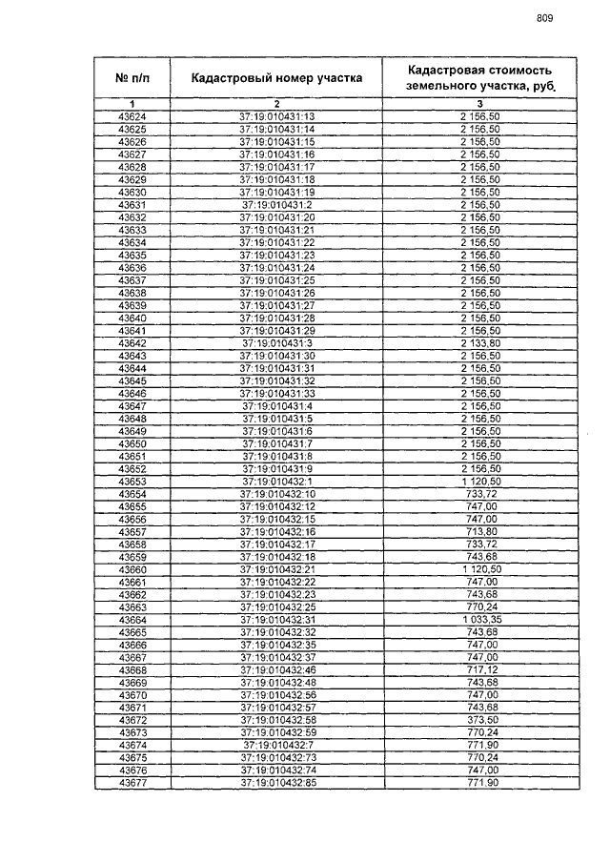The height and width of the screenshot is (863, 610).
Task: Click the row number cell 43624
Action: click(132, 117)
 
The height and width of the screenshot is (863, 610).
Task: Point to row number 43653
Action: click(132, 482)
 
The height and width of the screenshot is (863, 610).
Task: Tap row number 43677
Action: click(132, 783)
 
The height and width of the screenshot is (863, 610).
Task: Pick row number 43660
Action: click(132, 569)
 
